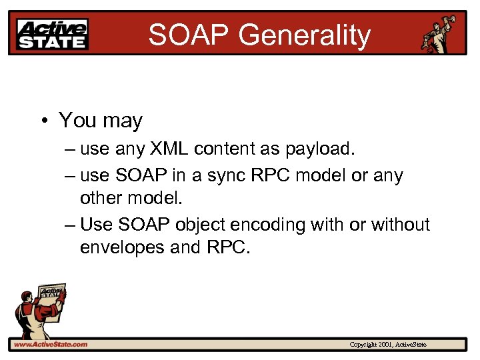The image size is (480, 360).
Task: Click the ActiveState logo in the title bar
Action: (53, 33)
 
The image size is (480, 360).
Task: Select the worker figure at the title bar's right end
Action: (442, 33)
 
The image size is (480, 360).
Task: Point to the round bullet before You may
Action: (43, 121)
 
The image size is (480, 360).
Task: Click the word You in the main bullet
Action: (78, 121)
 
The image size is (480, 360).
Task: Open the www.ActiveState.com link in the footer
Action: (50, 344)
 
